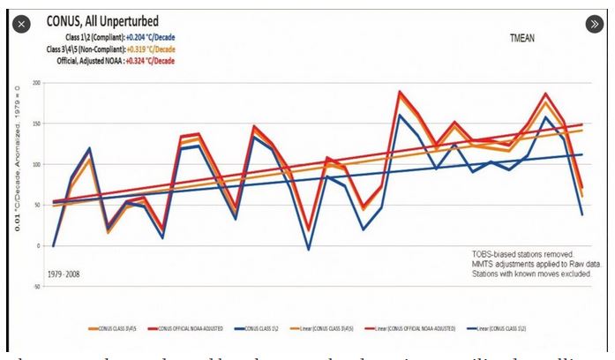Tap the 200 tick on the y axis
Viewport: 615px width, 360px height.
pos(37,83)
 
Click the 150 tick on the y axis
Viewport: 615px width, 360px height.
pos(37,124)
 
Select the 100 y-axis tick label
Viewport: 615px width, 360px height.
pos(37,164)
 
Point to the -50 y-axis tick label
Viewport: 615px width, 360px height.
pos(37,287)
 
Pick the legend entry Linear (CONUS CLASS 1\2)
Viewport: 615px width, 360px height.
pos(507,329)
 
